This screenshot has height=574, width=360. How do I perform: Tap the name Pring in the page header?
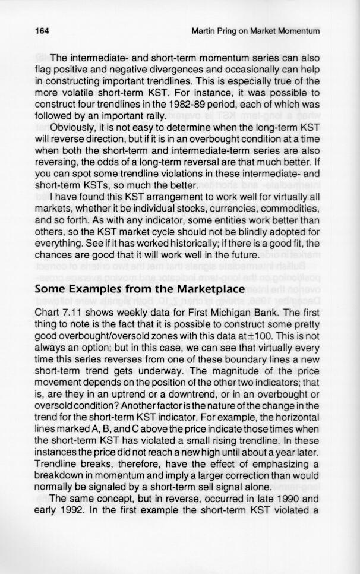(x=236, y=30)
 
